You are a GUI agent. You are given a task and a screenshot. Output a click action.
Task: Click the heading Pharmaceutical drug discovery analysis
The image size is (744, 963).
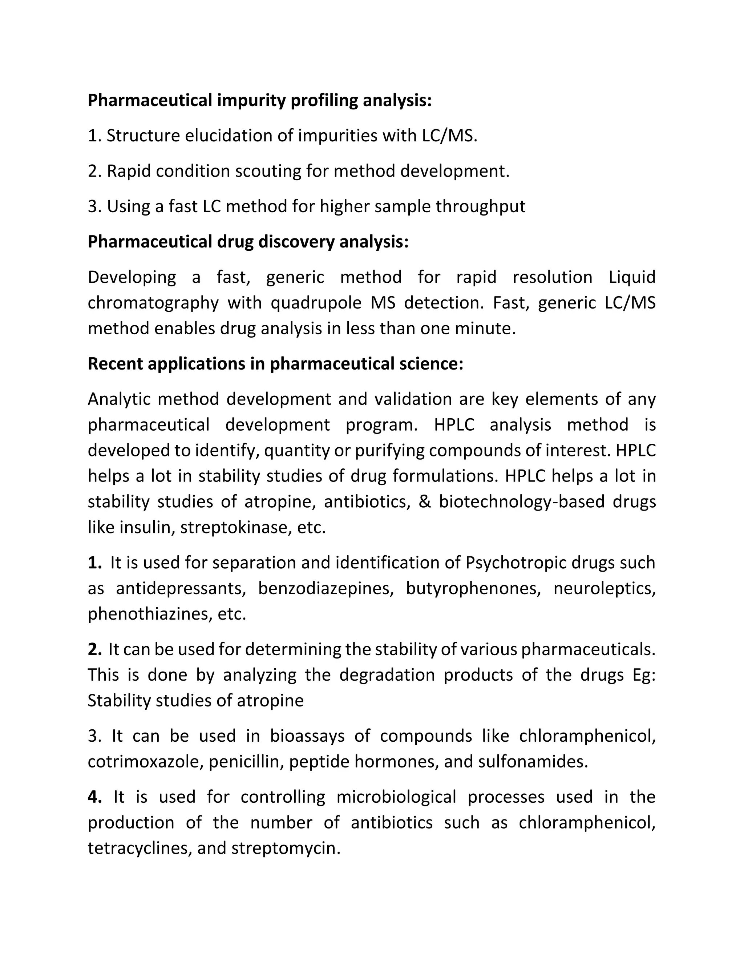(x=248, y=242)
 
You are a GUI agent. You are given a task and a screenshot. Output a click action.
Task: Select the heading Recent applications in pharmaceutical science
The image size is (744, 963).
(x=275, y=364)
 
